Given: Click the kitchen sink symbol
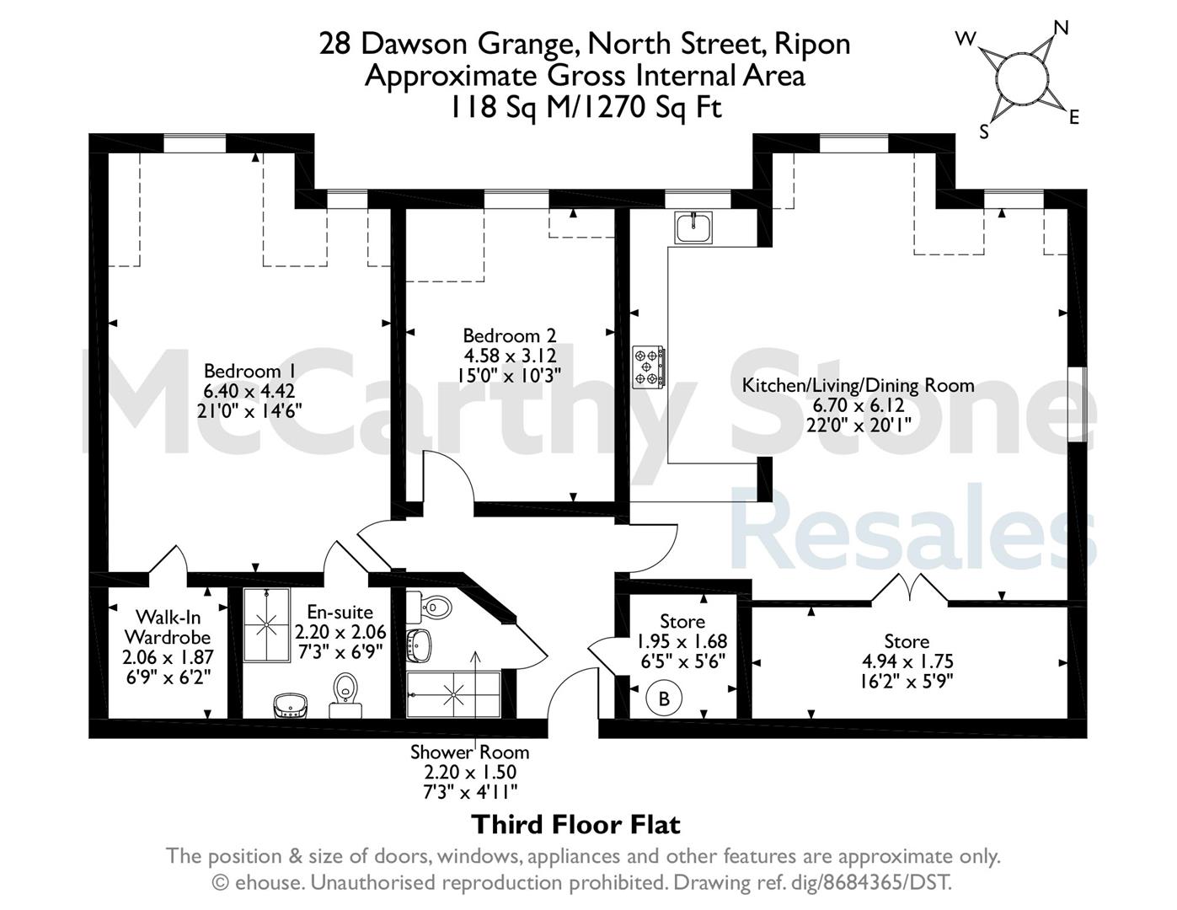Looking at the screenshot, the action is coord(693,227).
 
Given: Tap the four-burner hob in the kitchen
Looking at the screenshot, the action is coord(649,367).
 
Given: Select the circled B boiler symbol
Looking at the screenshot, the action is coord(664,699).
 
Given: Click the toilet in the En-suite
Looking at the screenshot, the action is coord(345,695).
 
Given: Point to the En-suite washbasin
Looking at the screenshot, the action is coord(292,705).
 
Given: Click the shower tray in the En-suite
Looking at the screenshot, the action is coord(266,625).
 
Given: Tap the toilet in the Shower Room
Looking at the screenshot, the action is coord(429,608).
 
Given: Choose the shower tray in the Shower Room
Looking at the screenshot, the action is coord(453,695).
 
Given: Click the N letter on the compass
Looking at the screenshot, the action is coord(1061,28).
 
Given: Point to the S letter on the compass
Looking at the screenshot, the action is coord(984,131).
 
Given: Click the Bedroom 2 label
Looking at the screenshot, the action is coord(509,336).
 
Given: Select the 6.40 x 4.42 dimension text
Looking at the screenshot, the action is coord(249,391).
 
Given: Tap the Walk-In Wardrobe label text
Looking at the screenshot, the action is coord(168,627).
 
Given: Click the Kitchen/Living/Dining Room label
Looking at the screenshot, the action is coord(858,386).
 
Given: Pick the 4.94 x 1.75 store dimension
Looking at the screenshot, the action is coord(907,661).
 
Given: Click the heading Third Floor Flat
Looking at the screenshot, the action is coord(575,825).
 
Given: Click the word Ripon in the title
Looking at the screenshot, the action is coord(812,45).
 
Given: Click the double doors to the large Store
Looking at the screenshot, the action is coord(910,589).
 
